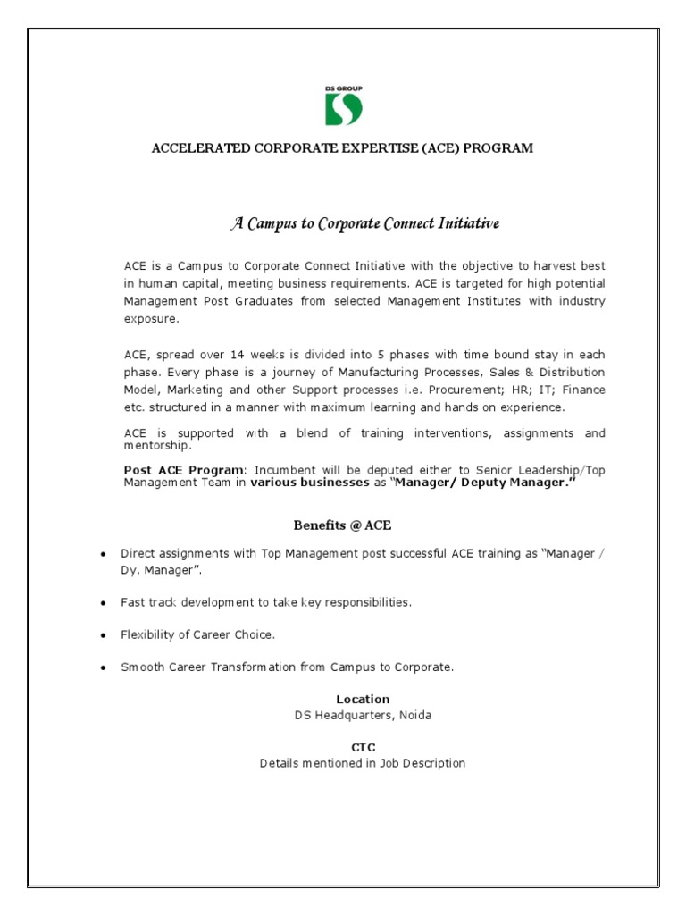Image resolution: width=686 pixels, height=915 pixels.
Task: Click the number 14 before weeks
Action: point(237,354)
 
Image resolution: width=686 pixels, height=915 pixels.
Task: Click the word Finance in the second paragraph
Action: point(582,390)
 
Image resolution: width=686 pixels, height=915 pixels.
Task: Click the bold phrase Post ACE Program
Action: point(183,470)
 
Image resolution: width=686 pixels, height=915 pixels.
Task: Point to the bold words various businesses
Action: point(308,483)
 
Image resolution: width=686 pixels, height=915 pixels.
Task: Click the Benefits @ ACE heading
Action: point(343,525)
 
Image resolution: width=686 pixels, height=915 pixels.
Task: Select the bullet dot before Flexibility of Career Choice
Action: point(105,635)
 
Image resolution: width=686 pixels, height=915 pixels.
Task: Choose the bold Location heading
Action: point(363,699)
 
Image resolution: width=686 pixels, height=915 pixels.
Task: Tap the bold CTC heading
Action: point(363,747)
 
